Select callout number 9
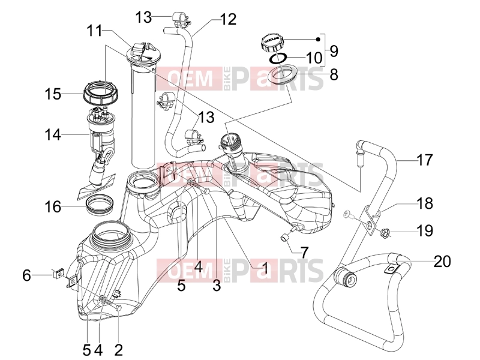(x=334, y=51)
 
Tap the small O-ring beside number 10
(x=278, y=58)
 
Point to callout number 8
(x=334, y=74)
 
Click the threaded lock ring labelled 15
(x=101, y=93)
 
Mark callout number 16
(x=53, y=207)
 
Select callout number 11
(x=95, y=31)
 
